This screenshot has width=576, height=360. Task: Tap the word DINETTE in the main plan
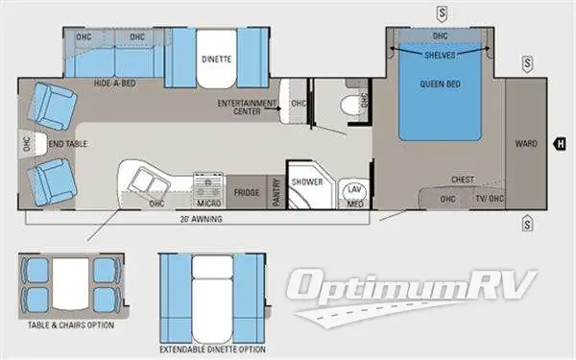click(x=217, y=59)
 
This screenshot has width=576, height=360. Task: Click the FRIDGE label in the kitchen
click(x=247, y=192)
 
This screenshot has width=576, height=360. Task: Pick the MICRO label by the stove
click(x=208, y=203)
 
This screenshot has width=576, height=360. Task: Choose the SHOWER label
click(x=307, y=181)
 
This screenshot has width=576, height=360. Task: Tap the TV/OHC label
click(x=489, y=199)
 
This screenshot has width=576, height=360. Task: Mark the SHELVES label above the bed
click(x=441, y=54)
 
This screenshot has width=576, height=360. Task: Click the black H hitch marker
click(x=558, y=144)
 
